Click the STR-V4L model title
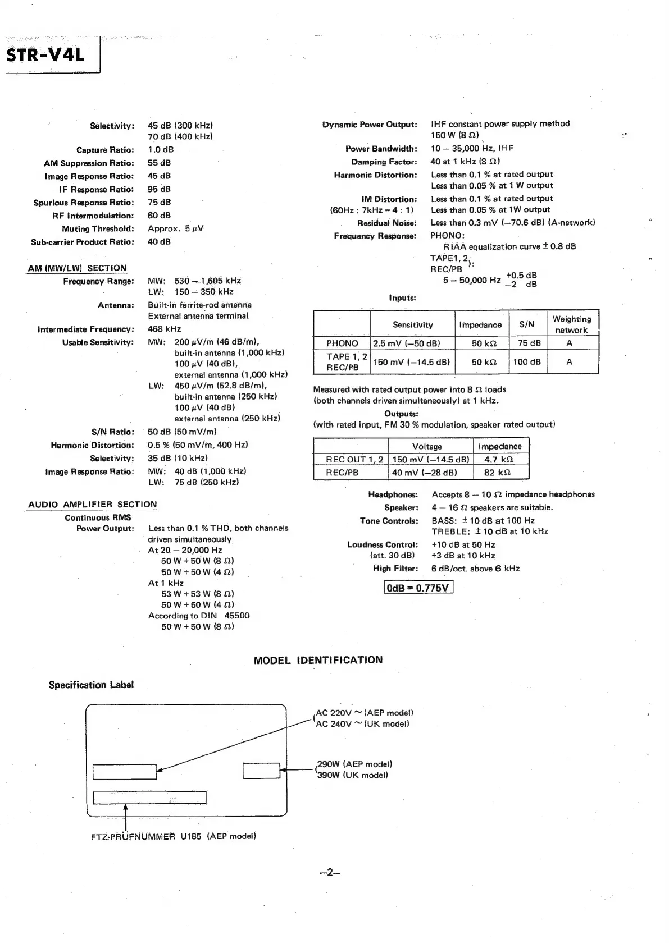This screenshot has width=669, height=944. [x=45, y=56]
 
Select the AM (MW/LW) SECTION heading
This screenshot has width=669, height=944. [x=78, y=268]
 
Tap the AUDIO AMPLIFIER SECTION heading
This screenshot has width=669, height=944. [x=93, y=505]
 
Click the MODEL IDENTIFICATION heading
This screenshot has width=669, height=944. [x=318, y=660]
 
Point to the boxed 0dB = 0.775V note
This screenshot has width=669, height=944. [x=418, y=588]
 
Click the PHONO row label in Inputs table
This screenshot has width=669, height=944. [x=342, y=343]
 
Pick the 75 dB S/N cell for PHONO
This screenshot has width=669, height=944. [x=529, y=343]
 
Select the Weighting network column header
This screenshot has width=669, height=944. [x=571, y=324]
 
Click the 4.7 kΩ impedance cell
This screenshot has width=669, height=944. [x=499, y=460]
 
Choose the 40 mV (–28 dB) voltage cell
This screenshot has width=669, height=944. [x=425, y=473]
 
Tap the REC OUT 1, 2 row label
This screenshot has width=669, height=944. [x=354, y=460]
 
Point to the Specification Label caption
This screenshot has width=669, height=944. [x=91, y=685]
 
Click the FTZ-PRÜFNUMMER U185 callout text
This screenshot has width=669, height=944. [x=174, y=836]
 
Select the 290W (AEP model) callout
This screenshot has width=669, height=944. [x=354, y=764]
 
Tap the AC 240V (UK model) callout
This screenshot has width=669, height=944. [x=362, y=724]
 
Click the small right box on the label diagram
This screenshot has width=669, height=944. [x=261, y=771]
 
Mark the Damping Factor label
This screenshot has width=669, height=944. [x=384, y=162]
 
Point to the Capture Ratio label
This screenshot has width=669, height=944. [x=105, y=150]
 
